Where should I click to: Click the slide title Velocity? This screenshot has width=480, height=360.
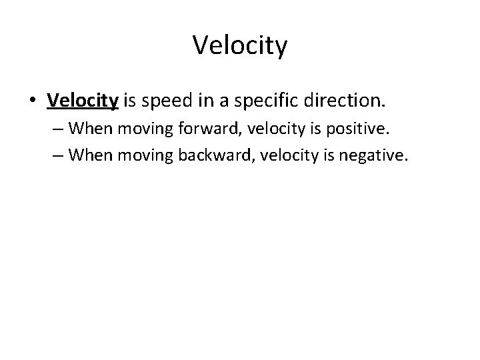[x=240, y=46]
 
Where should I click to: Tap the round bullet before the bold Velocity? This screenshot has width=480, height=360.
[x=33, y=101]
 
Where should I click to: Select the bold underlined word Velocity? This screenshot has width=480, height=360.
[x=83, y=101]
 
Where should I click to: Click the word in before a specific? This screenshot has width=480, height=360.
[x=206, y=101]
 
